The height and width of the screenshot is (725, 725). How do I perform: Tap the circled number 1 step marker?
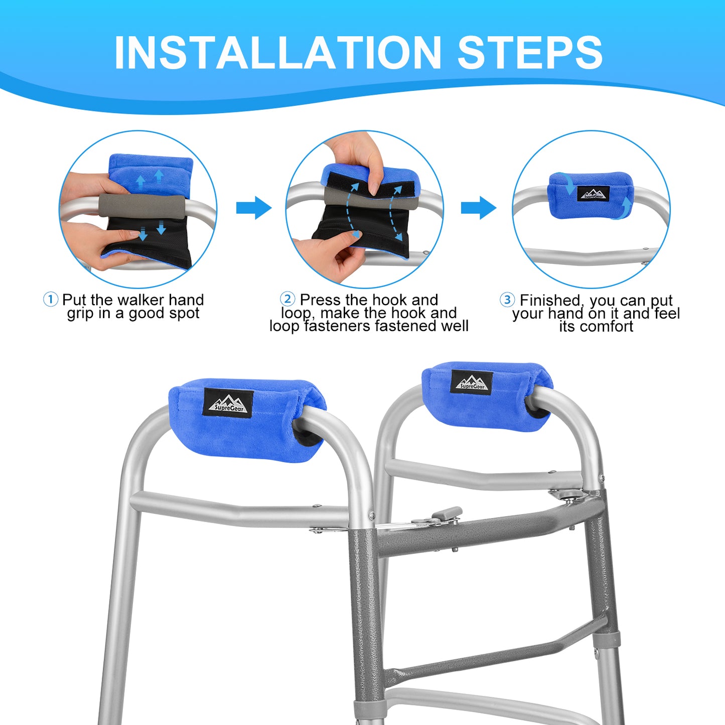click(x=51, y=300)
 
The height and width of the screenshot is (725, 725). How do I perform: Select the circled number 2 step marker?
click(x=287, y=299)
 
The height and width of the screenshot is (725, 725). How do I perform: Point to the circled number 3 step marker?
click(x=507, y=300)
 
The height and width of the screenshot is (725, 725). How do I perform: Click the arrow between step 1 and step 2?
click(x=254, y=207)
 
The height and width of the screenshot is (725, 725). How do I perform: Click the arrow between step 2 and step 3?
click(x=479, y=207)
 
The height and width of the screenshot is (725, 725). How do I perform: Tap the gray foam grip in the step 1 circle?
click(x=142, y=207)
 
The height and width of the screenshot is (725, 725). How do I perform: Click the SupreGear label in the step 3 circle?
click(x=594, y=193)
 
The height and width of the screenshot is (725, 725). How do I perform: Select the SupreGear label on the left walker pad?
click(x=228, y=403)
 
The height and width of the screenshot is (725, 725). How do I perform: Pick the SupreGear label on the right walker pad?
click(x=472, y=383)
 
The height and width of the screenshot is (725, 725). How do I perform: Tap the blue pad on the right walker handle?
click(x=487, y=396)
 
